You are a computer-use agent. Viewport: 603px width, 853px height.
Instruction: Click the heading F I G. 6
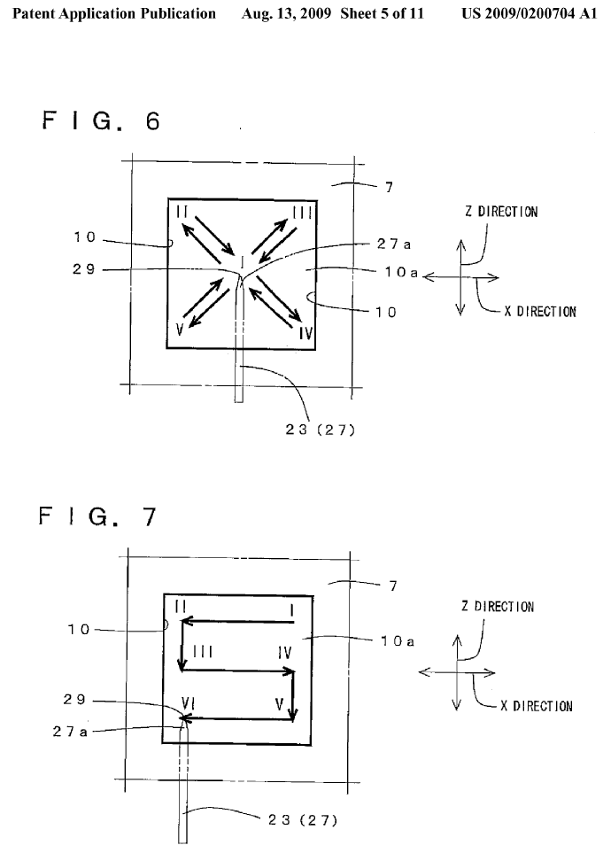pos(100,120)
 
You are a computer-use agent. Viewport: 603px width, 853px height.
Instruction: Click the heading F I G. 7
pos(97,516)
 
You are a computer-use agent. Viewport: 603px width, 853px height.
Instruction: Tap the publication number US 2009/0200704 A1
pos(530,14)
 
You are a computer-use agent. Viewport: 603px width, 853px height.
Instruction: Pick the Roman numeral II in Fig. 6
pos(182,211)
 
